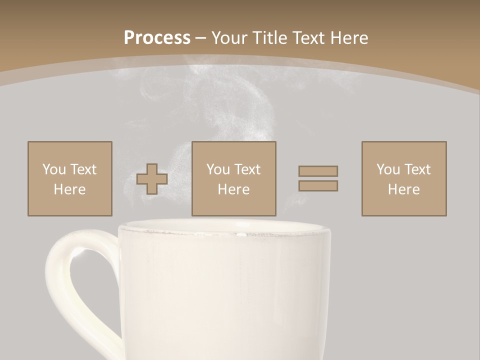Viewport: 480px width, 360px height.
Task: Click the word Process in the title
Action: (157, 38)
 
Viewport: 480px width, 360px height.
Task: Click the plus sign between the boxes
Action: (152, 178)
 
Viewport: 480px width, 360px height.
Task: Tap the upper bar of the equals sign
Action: (318, 171)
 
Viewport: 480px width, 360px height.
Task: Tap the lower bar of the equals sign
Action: (318, 185)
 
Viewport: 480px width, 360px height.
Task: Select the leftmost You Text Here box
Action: (69, 178)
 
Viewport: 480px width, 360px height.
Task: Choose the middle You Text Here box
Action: (233, 178)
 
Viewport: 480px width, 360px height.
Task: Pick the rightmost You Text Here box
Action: (403, 178)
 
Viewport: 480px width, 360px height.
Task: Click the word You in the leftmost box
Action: (53, 169)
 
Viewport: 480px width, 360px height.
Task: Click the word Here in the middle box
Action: (233, 189)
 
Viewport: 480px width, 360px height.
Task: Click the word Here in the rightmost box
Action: (403, 189)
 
